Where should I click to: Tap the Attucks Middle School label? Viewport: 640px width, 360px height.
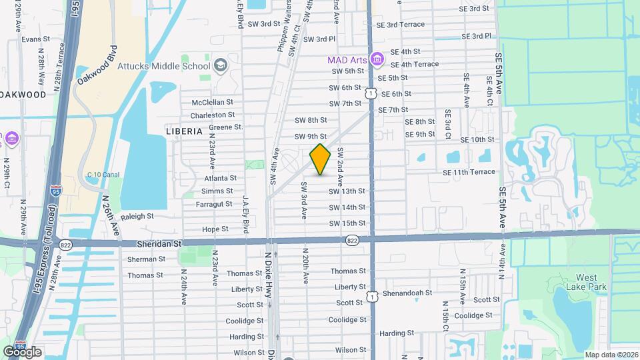coord(164,66)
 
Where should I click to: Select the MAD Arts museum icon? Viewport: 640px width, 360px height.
coord(377,60)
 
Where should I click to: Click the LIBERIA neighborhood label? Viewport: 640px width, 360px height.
coord(184,131)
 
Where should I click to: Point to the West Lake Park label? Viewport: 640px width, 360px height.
coord(577,282)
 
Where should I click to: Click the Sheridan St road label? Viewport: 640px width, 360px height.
coord(159,245)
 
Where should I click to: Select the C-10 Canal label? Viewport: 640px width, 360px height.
coord(103,175)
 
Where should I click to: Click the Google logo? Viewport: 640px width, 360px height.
coord(22,351)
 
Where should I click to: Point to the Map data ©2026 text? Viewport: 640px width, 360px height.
coord(611,355)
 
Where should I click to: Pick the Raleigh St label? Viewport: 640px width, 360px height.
coord(137,216)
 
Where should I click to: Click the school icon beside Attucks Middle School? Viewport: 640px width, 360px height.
coord(221,65)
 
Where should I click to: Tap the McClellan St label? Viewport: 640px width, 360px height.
coord(212,103)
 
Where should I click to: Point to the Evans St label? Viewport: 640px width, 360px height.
coord(31,39)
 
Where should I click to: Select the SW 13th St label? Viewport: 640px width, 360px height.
coord(347,191)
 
